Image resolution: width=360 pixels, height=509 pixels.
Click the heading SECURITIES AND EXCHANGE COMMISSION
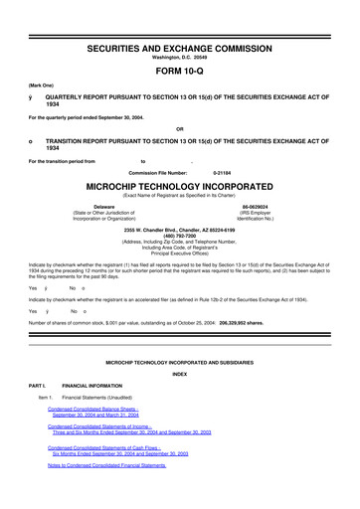(179, 48)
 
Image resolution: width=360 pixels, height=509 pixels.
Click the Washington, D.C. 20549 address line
(179, 58)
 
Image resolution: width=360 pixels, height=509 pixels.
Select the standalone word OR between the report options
(179, 128)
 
